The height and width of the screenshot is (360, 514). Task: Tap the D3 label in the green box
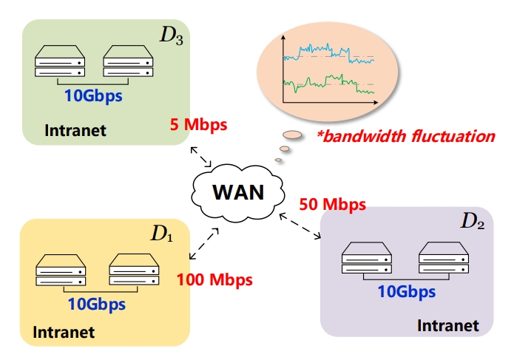(172, 36)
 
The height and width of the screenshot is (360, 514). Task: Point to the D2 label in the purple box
(473, 220)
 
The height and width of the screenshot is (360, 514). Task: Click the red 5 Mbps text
(198, 124)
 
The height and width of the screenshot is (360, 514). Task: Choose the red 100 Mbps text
(214, 280)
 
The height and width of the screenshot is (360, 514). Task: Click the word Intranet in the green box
(75, 131)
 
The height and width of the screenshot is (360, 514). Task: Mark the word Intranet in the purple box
(448, 325)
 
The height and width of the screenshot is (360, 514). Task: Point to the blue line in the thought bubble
(325, 52)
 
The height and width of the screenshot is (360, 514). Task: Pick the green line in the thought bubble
(325, 82)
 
